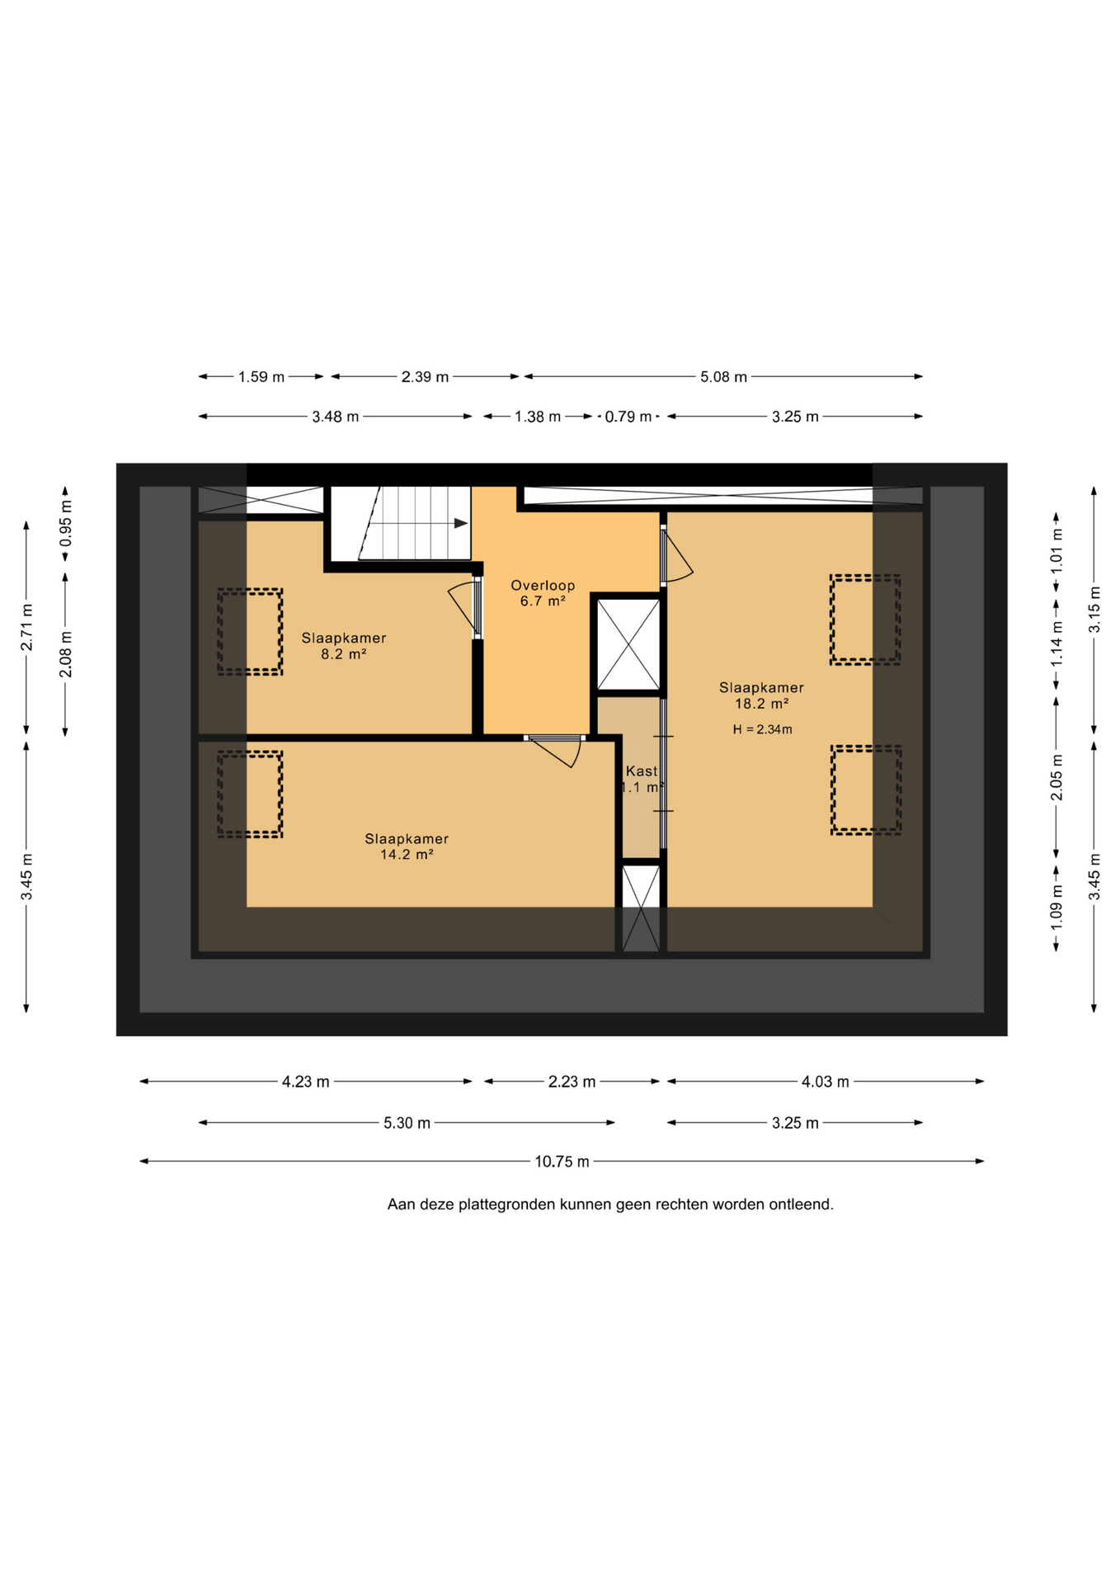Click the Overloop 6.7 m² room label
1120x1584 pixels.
pyautogui.click(x=543, y=593)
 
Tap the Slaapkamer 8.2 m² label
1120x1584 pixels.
pyautogui.click(x=343, y=646)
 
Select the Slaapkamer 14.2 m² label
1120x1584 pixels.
pyautogui.click(x=407, y=846)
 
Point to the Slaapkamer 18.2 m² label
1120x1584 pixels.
pyautogui.click(x=761, y=695)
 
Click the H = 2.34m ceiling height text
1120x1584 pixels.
pyautogui.click(x=762, y=729)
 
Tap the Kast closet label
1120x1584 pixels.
pyautogui.click(x=642, y=771)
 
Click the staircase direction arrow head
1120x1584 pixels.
pyautogui.click(x=461, y=523)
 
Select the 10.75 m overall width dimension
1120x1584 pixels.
pyautogui.click(x=562, y=1162)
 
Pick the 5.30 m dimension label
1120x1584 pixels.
pyautogui.click(x=407, y=1123)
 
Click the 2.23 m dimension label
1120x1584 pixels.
pyautogui.click(x=572, y=1082)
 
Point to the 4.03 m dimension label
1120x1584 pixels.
pyautogui.click(x=825, y=1082)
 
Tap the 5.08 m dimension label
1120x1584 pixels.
pyautogui.click(x=723, y=377)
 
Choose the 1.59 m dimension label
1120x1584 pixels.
pyautogui.click(x=261, y=377)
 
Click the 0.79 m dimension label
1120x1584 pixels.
pyautogui.click(x=628, y=417)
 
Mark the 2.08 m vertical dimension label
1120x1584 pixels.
pyautogui.click(x=66, y=654)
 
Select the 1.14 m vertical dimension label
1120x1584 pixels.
pyautogui.click(x=1056, y=643)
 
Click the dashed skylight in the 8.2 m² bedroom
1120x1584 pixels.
pyautogui.click(x=250, y=632)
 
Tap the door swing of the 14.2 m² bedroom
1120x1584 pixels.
pyautogui.click(x=555, y=751)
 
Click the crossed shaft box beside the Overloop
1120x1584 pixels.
pyautogui.click(x=628, y=644)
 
